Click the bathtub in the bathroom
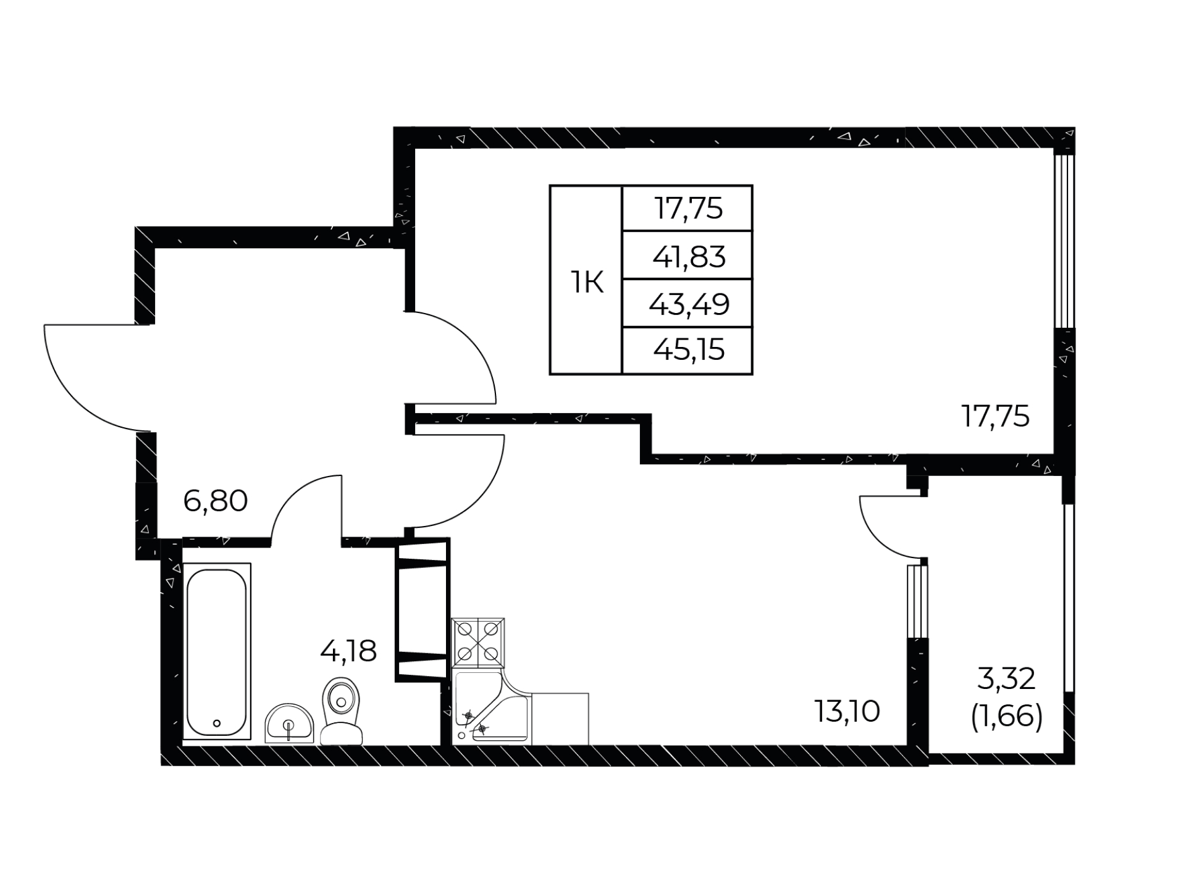pos(217,651)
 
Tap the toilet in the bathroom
pos(341,711)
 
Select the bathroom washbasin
pos(289,723)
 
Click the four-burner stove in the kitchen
pos(478,643)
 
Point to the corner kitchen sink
pos(492,707)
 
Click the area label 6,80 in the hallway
pos(216,501)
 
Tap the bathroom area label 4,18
pos(348,651)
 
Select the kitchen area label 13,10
pos(847,711)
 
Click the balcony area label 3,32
pos(1006,680)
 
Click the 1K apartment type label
pos(586,283)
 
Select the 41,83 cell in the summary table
pos(689,256)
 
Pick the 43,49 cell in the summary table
pos(689,304)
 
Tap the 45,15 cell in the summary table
pos(689,351)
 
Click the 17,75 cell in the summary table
pos(689,209)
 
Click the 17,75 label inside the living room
pos(995,417)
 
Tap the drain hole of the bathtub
pos(216,723)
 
